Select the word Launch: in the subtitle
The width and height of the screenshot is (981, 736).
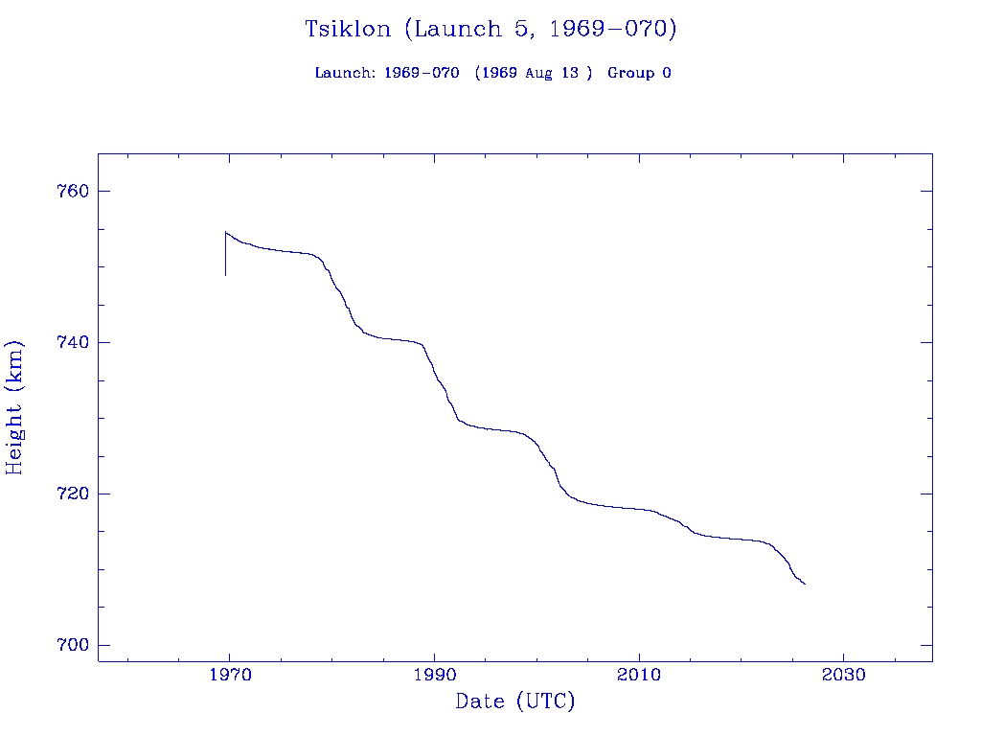[x=345, y=73]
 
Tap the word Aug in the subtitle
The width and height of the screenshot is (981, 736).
[x=537, y=73]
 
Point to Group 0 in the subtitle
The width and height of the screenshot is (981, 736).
[x=639, y=73]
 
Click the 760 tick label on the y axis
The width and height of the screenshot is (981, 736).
[x=73, y=191]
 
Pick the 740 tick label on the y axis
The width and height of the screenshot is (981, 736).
[x=73, y=342]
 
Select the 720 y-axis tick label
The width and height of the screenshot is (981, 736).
[x=73, y=494]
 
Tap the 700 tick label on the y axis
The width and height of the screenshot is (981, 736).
[x=73, y=645]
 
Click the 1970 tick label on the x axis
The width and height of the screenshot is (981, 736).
[x=230, y=675]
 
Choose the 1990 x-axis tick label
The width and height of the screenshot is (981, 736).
[x=434, y=675]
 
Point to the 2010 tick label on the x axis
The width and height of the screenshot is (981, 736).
[x=639, y=675]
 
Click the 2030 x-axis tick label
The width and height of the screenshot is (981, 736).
[x=843, y=675]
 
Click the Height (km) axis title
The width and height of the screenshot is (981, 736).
[x=14, y=407]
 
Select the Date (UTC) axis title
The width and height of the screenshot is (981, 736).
[x=515, y=701]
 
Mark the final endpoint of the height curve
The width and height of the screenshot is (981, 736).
[x=805, y=584]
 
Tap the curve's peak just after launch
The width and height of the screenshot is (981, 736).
[x=226, y=232]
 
